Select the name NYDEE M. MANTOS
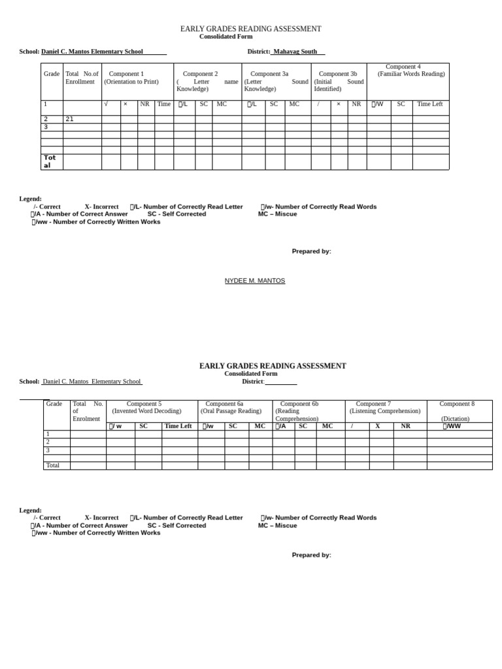tap(255, 281)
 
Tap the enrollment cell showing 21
tap(70, 119)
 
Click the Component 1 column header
tap(126, 74)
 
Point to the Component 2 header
tap(200, 74)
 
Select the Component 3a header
tap(269, 74)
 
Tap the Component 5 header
tap(144, 404)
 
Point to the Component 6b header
tap(299, 404)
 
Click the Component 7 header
tap(373, 404)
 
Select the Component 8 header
tap(457, 404)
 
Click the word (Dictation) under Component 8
tap(455, 419)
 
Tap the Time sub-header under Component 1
tap(164, 104)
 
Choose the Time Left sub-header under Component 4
tap(430, 104)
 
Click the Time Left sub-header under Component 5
tap(178, 426)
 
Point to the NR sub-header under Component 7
tap(406, 426)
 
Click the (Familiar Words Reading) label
tap(411, 74)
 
